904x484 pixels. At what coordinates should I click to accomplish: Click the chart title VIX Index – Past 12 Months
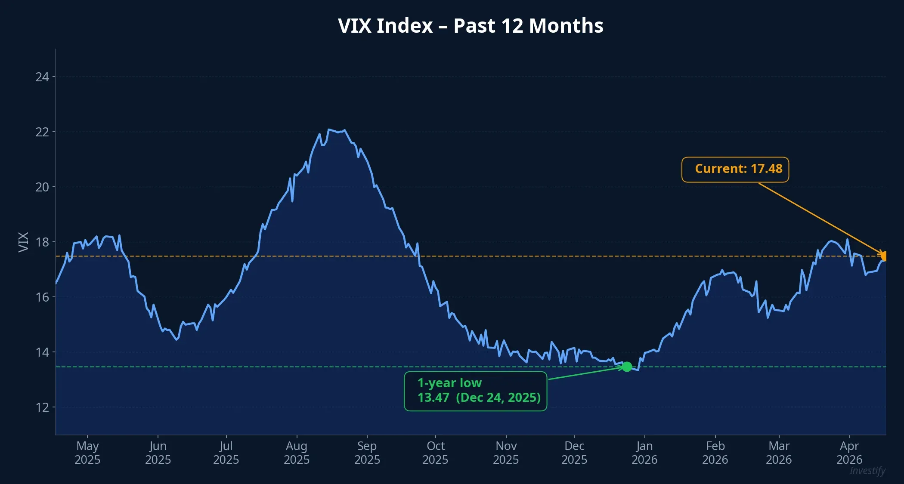coord(471,26)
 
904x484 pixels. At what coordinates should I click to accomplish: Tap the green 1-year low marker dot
coord(627,367)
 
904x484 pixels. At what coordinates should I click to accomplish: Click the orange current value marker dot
coord(884,256)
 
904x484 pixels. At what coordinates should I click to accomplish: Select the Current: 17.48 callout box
coord(735,169)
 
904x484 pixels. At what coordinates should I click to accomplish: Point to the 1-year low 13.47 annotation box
coord(475,391)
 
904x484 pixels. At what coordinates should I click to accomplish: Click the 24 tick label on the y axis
coord(42,77)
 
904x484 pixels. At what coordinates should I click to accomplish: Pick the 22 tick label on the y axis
coord(42,132)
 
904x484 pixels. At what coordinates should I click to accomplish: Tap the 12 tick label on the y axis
coord(42,407)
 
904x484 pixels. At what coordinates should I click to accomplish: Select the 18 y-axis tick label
coord(42,242)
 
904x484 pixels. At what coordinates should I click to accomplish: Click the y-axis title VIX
coord(23,242)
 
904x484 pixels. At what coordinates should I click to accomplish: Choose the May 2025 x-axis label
coord(87,453)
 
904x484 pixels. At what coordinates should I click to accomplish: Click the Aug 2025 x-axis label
coord(297,453)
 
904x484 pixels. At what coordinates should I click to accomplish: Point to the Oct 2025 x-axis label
coord(435,453)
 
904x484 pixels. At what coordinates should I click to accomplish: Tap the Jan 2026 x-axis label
coord(644,453)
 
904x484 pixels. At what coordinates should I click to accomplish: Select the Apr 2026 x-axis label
coord(849,453)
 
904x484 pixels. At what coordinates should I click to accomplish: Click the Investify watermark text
coord(867,471)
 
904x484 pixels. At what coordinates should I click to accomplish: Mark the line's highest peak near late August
coord(329,129)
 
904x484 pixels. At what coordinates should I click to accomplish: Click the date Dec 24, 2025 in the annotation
coord(498,398)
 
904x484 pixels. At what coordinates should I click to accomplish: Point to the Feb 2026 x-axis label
coord(715,453)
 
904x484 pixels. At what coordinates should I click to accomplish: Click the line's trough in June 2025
coord(177,339)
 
